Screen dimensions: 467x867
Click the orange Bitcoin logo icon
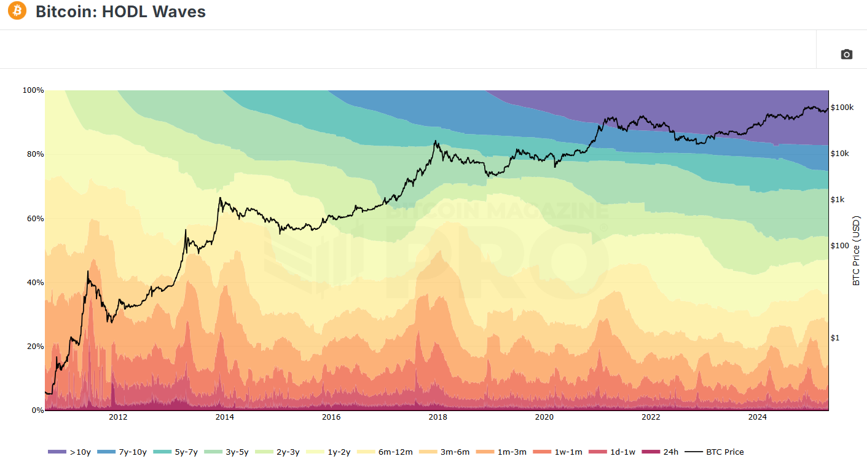(x=17, y=11)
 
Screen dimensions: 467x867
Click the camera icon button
(x=846, y=55)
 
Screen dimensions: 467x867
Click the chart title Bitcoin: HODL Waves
(x=120, y=12)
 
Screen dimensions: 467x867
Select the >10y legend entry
(x=70, y=452)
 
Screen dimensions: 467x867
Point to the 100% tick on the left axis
(x=33, y=90)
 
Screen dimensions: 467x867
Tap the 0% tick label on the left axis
(x=37, y=410)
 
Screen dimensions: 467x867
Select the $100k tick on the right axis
(x=842, y=108)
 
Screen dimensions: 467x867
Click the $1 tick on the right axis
(x=835, y=338)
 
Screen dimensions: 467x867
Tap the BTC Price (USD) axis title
(x=857, y=250)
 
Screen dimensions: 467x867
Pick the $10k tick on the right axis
(x=840, y=154)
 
